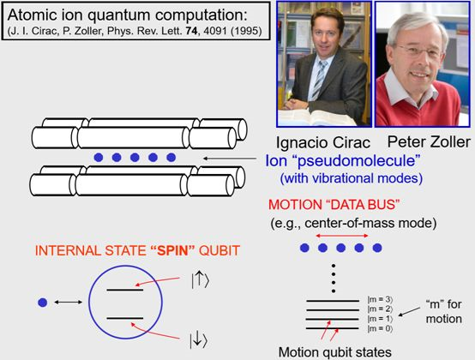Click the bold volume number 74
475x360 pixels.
click(192, 31)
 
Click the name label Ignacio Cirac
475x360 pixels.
click(323, 142)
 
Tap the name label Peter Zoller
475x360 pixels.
click(429, 141)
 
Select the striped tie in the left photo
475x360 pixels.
click(319, 79)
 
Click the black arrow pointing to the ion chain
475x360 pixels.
click(230, 158)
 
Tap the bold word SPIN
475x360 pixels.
click(172, 250)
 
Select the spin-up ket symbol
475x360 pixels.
click(200, 280)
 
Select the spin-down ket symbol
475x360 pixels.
click(198, 340)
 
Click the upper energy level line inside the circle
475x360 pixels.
click(125, 290)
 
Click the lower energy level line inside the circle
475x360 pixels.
click(125, 318)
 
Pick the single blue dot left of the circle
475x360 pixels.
click(43, 303)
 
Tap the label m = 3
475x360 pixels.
click(380, 300)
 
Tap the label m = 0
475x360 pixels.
click(380, 328)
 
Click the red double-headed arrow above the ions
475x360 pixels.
click(342, 236)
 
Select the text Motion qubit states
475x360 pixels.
click(334, 352)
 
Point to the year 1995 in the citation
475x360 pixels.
click(246, 31)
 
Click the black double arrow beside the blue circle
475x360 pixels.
click(68, 302)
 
